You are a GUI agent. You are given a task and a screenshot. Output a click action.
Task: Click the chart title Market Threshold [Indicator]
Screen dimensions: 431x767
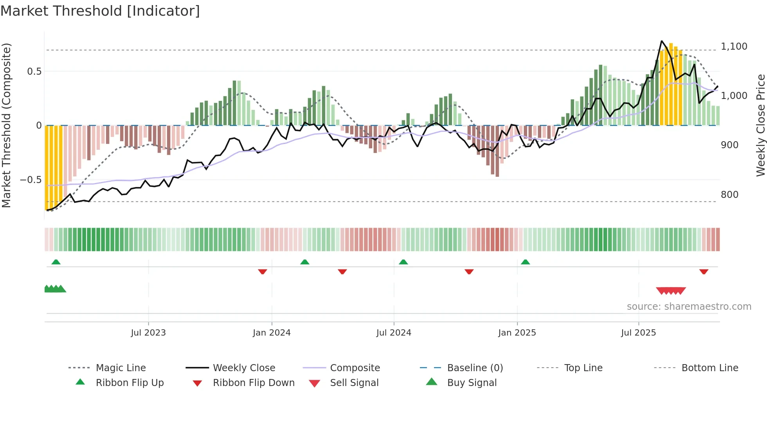click(100, 11)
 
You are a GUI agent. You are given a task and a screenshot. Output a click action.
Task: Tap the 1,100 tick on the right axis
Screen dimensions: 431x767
click(734, 47)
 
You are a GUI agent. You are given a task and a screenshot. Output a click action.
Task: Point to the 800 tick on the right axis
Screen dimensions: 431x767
click(729, 195)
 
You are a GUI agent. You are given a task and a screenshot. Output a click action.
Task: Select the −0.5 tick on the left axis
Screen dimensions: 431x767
click(31, 180)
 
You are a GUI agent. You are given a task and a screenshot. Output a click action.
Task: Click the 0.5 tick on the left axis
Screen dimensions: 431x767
click(34, 72)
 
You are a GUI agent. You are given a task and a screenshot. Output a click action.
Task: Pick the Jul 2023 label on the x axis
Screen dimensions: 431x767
click(148, 333)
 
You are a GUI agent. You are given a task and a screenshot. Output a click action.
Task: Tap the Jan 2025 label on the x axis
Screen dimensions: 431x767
click(517, 333)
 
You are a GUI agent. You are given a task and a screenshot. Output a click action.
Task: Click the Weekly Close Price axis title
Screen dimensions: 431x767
click(760, 125)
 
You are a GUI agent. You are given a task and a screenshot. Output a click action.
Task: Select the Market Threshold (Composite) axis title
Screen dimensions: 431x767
click(6, 125)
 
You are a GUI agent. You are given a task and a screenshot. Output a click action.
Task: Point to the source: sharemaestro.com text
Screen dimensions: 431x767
click(689, 307)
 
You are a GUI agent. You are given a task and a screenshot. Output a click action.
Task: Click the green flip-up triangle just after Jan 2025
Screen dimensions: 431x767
click(525, 262)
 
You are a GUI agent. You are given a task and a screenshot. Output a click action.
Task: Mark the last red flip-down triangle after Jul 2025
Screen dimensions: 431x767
click(704, 271)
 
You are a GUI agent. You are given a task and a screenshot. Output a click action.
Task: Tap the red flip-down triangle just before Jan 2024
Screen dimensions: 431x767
click(263, 271)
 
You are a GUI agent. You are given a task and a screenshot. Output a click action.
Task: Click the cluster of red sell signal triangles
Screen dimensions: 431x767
click(671, 291)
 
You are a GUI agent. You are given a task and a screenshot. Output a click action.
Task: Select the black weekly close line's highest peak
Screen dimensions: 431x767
click(661, 41)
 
